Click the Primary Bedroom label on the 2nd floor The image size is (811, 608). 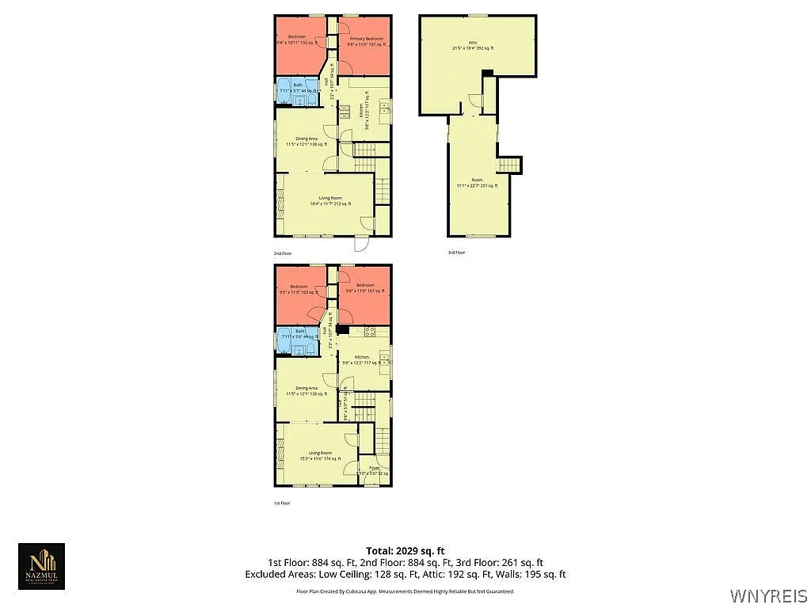366,39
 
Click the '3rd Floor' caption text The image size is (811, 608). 456,253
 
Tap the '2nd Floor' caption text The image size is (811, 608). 283,253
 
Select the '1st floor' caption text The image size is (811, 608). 282,503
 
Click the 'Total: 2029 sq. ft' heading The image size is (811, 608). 405,550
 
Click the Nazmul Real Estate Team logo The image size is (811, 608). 42,566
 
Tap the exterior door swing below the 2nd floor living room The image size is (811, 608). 361,244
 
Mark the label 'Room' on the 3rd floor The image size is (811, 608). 477,180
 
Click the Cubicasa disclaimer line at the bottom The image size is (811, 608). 405,591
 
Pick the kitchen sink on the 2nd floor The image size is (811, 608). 384,108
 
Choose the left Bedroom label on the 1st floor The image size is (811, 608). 299,286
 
